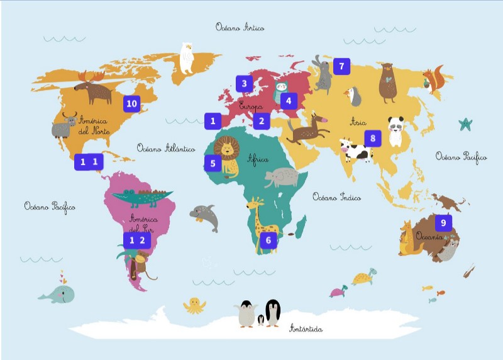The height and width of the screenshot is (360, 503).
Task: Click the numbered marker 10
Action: [x=131, y=103]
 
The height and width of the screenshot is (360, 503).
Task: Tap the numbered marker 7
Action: [x=341, y=65]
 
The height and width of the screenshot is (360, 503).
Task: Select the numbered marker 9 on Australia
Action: [x=443, y=222]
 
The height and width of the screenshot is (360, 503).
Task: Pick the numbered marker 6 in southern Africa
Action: [x=268, y=240]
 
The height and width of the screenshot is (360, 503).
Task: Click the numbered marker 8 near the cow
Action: [x=372, y=138]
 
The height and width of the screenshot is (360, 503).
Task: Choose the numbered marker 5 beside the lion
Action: [x=213, y=164]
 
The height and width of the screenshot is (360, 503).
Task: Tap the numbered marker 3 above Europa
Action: [x=244, y=83]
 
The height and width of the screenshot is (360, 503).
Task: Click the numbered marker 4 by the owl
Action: [x=289, y=100]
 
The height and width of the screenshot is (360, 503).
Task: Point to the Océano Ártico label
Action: [x=240, y=27]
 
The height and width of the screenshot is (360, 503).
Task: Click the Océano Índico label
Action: [x=336, y=197]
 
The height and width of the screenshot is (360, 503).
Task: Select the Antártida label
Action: [x=306, y=329]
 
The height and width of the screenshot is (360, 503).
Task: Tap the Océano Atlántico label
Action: [x=165, y=149]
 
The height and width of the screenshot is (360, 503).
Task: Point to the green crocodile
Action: [x=141, y=198]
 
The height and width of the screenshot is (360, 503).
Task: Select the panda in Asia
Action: [x=395, y=131]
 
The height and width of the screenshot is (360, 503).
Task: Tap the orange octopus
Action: [x=194, y=306]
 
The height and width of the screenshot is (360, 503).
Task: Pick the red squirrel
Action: [x=433, y=81]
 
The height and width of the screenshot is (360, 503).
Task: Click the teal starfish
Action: [x=465, y=124]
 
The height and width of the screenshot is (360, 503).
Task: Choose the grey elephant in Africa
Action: [x=281, y=179]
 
